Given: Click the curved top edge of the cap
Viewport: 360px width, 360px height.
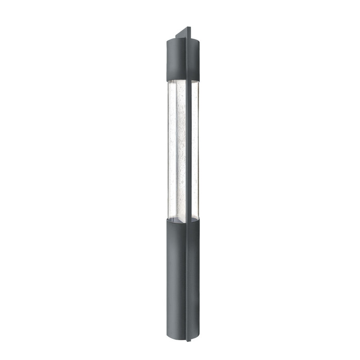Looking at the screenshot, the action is pos(175,40).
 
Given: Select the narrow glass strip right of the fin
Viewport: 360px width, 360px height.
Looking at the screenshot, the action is pos(195,148).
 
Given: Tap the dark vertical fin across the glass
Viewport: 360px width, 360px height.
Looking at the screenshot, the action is pos(189,148).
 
